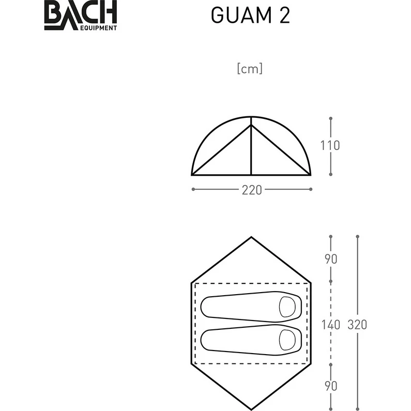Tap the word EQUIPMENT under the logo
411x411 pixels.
point(98,28)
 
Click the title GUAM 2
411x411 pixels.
point(251,15)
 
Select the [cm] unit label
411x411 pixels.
point(250,68)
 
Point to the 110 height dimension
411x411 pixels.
point(330,145)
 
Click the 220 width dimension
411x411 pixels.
point(252,190)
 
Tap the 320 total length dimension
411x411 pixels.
point(357,325)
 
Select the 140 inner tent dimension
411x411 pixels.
point(331,325)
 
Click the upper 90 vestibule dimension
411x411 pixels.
point(331,259)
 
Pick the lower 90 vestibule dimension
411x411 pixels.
point(331,386)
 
